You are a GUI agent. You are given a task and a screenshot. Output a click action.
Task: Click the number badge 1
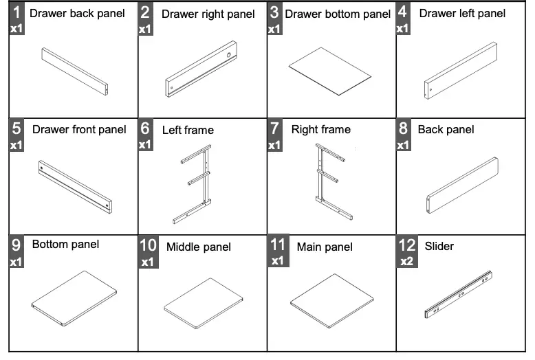click(x=17, y=12)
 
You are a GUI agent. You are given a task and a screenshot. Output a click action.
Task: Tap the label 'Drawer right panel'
click(x=208, y=14)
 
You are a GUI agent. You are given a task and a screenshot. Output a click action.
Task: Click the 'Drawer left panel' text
click(x=462, y=13)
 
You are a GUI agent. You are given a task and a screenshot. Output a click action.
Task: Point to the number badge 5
click(x=17, y=128)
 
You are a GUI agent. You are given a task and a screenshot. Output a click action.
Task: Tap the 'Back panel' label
click(x=446, y=129)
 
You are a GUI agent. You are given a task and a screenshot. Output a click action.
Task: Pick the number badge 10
click(x=148, y=246)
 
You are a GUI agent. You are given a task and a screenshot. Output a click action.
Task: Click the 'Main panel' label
click(x=325, y=247)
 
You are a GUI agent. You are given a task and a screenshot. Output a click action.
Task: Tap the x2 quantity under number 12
click(x=406, y=262)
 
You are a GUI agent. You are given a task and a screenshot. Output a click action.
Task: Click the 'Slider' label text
click(x=439, y=246)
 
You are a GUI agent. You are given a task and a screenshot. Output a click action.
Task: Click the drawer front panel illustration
click(x=74, y=185)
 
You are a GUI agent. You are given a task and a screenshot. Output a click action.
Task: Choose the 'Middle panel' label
click(x=199, y=247)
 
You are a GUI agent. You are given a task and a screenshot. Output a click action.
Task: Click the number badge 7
click(x=275, y=128)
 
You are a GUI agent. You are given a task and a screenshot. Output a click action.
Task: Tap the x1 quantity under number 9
click(x=17, y=262)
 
